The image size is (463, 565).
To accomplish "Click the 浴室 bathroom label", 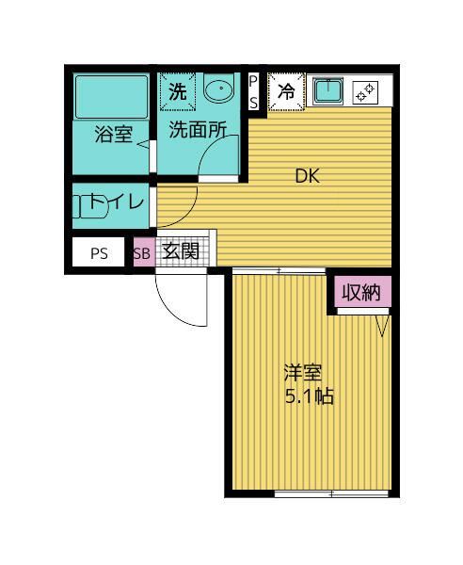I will (x=113, y=135).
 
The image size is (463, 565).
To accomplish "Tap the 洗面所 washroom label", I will (x=197, y=133).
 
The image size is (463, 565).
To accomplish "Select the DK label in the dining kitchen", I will (x=308, y=175).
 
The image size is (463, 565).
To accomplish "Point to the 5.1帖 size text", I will (x=310, y=396).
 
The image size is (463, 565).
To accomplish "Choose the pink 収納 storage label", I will (x=360, y=293).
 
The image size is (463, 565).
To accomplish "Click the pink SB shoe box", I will (x=141, y=252).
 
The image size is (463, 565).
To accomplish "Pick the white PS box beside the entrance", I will (x=100, y=253).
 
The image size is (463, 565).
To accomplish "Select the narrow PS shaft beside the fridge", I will (x=253, y=92).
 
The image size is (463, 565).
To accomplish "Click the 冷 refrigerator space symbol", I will (x=286, y=92).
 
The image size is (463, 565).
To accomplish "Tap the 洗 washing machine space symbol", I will (x=178, y=92).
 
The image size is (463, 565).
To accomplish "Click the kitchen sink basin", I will (x=327, y=91).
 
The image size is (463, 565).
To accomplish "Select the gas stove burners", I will (x=364, y=92).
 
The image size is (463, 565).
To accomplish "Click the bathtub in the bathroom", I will (x=112, y=95).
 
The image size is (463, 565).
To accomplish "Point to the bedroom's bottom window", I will (x=330, y=493).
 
